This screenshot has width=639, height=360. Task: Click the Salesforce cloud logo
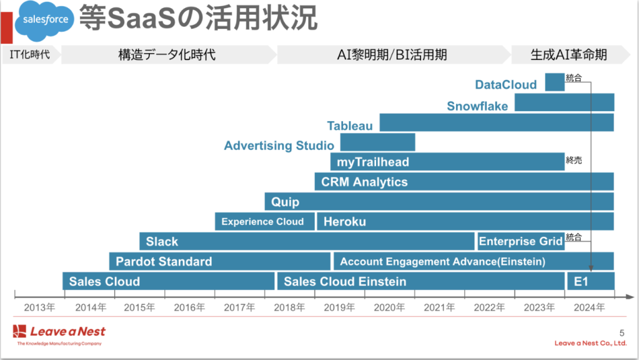(x=46, y=19)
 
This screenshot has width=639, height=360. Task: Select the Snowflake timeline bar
(x=564, y=102)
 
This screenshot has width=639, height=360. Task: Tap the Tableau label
(x=350, y=126)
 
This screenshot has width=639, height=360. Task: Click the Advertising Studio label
(x=279, y=146)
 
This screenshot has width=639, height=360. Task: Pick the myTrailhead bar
(x=447, y=162)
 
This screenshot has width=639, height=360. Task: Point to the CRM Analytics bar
(x=464, y=182)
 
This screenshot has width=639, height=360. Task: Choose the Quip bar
(x=439, y=202)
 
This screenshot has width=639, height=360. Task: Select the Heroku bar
(x=465, y=222)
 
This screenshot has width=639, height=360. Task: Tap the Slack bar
(x=307, y=241)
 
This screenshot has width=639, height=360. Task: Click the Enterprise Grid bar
(x=520, y=241)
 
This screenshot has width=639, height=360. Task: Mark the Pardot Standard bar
(x=219, y=261)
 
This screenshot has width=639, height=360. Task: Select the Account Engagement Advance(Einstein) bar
(x=473, y=261)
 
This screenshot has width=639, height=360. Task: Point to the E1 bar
(x=590, y=281)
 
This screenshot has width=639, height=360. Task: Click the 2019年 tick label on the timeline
(x=340, y=307)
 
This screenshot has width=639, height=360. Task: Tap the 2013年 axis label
(x=39, y=307)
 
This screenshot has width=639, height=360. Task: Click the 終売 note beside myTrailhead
(x=574, y=161)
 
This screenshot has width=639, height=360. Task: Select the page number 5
(x=621, y=332)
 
